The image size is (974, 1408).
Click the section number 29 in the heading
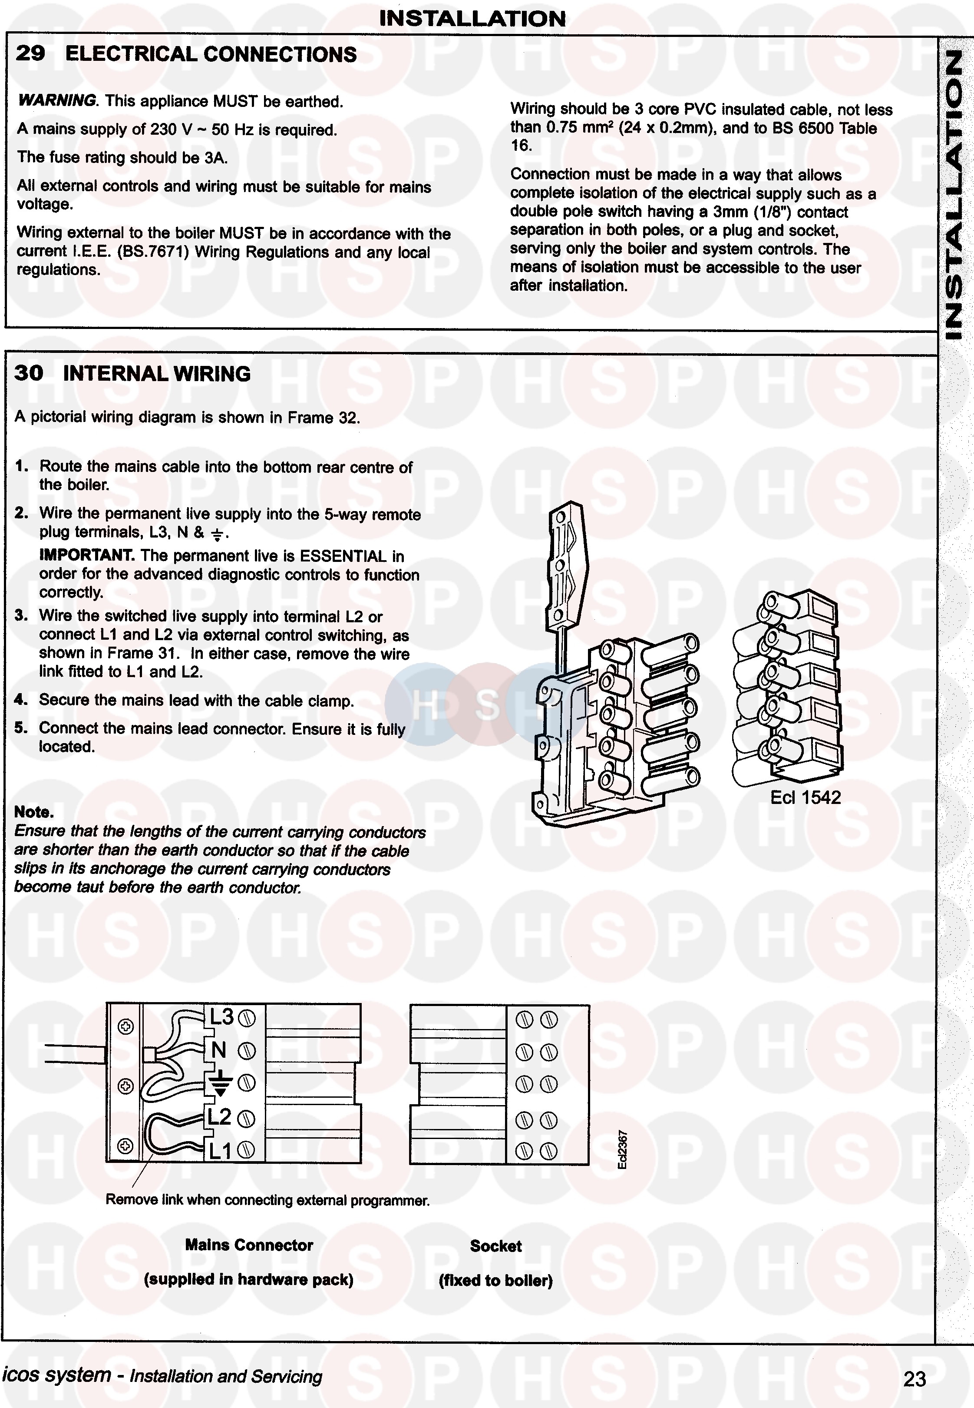pos(30,54)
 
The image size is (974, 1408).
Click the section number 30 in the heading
pos(29,373)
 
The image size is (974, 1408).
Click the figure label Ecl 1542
pos(805,797)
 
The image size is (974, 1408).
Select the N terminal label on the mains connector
pos(218,1050)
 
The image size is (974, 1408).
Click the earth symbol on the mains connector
pos(221,1082)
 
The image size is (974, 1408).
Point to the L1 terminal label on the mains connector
pos(220,1150)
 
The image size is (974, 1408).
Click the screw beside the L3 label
pos(247,1018)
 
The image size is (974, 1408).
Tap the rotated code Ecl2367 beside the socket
pos(622,1150)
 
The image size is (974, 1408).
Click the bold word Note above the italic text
pos(33,812)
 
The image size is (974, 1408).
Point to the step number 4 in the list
pos(21,700)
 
